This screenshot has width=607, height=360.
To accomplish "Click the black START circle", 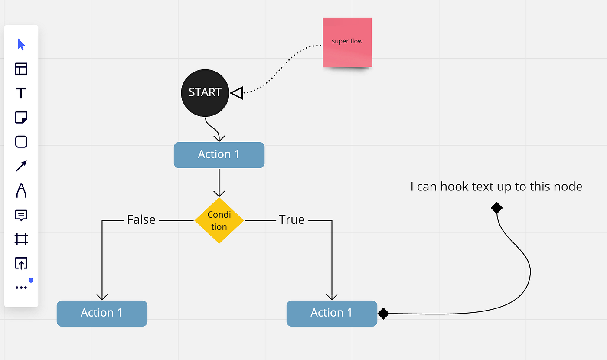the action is (205, 93).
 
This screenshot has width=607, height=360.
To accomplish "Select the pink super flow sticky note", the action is (347, 43).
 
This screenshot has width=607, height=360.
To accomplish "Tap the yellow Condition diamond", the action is (219, 220).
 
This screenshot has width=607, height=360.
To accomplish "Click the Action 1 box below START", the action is (219, 155).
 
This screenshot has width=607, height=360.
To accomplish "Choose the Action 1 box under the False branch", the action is (102, 313).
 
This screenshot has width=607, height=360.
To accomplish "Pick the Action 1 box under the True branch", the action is (332, 313).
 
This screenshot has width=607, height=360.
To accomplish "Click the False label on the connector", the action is (141, 219).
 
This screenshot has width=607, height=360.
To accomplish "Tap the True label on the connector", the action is (291, 219).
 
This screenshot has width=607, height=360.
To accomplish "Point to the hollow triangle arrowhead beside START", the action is (237, 93).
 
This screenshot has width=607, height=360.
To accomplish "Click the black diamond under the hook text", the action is (497, 208).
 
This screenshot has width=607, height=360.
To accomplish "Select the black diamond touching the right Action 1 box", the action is (383, 314).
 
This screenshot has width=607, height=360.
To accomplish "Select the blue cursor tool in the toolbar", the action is (21, 44).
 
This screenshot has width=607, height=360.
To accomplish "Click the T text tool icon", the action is (21, 93).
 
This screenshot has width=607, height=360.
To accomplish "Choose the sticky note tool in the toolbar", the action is (21, 118).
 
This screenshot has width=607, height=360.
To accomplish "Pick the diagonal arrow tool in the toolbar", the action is (21, 166).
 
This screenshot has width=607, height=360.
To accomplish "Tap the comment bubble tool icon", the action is (21, 216).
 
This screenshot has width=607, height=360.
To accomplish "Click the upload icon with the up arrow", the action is (21, 263).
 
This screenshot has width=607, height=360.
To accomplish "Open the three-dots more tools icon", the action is (21, 288).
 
